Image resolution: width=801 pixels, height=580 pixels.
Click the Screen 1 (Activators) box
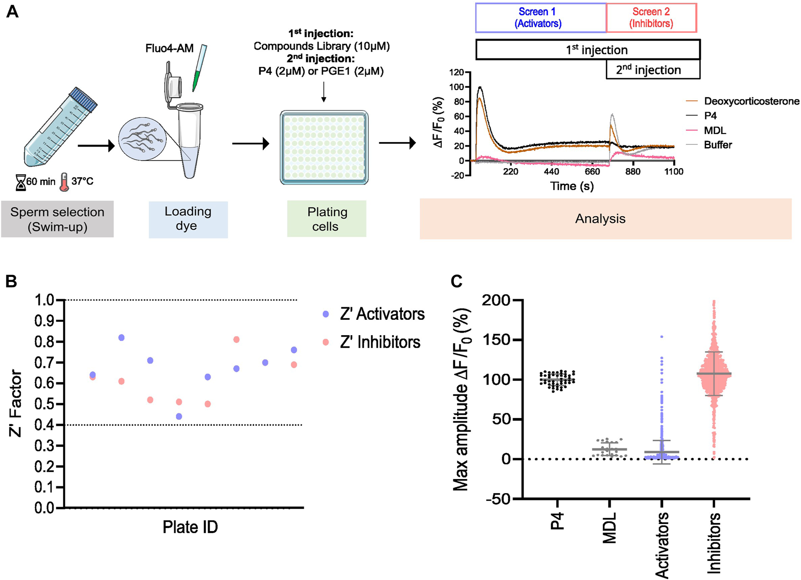click(x=540, y=18)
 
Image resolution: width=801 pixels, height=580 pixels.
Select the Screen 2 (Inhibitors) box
click(x=651, y=18)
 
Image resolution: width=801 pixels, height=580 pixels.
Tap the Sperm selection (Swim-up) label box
click(x=57, y=219)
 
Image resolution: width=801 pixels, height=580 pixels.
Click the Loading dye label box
click(x=188, y=219)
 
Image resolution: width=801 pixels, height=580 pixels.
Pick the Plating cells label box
click(x=326, y=219)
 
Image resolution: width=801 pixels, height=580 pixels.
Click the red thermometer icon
click(x=64, y=182)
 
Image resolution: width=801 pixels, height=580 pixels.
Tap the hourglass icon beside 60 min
click(x=21, y=182)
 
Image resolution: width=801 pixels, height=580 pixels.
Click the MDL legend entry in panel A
click(x=715, y=131)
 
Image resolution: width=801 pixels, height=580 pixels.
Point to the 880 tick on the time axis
click(x=633, y=171)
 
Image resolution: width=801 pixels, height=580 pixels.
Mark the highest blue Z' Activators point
click(x=121, y=338)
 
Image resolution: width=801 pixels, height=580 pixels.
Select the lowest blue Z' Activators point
click(x=179, y=416)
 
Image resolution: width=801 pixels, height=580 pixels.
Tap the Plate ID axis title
click(x=190, y=527)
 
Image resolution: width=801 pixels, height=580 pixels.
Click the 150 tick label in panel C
click(x=496, y=340)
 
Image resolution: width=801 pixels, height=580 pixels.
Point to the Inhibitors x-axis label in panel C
click(x=714, y=543)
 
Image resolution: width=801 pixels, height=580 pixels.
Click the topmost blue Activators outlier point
click(x=662, y=337)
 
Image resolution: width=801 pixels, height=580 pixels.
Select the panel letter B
click(x=11, y=281)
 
